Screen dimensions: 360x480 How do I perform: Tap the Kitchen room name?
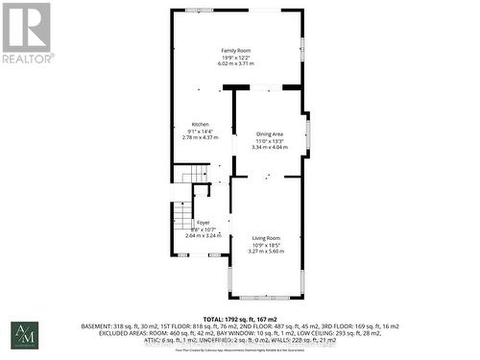click(x=200, y=125)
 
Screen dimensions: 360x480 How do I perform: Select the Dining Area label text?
click(x=269, y=134)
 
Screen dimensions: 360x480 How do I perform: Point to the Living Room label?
click(x=266, y=237)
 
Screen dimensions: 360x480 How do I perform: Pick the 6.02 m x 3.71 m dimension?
click(x=237, y=62)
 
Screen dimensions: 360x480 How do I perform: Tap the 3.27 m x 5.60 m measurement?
click(x=266, y=251)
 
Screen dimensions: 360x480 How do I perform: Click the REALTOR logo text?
click(x=26, y=59)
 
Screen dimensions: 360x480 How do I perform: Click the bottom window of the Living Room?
click(x=266, y=294)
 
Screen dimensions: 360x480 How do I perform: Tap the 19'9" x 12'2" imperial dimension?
click(x=237, y=56)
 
